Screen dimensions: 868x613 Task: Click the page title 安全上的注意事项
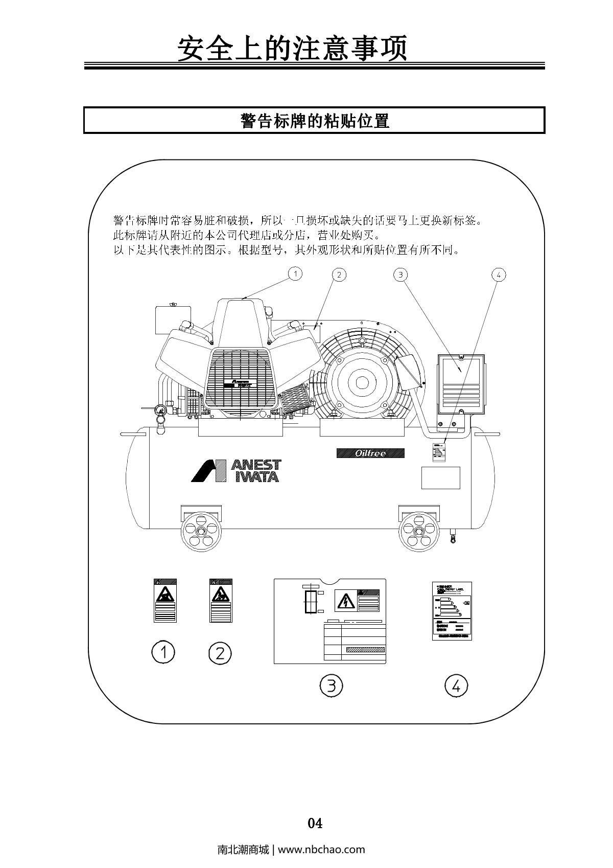pos(292,49)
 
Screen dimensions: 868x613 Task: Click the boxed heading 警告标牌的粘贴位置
pos(315,121)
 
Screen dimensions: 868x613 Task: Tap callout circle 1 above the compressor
pos(295,274)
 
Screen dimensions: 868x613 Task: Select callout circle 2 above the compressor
pos(339,275)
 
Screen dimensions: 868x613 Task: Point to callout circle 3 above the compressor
pos(400,275)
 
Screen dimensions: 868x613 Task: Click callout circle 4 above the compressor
pos(498,275)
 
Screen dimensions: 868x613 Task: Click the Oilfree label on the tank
pos(370,453)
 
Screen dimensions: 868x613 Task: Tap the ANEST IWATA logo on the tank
pos(237,471)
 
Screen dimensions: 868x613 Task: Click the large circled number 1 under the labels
pos(163,652)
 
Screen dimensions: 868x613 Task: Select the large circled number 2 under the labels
pos(220,653)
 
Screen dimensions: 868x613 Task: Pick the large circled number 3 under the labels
pos(331,685)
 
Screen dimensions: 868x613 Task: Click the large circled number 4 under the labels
pos(456,685)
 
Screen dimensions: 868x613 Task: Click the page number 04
pos(315,823)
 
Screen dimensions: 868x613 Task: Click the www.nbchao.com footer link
pos(321,850)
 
